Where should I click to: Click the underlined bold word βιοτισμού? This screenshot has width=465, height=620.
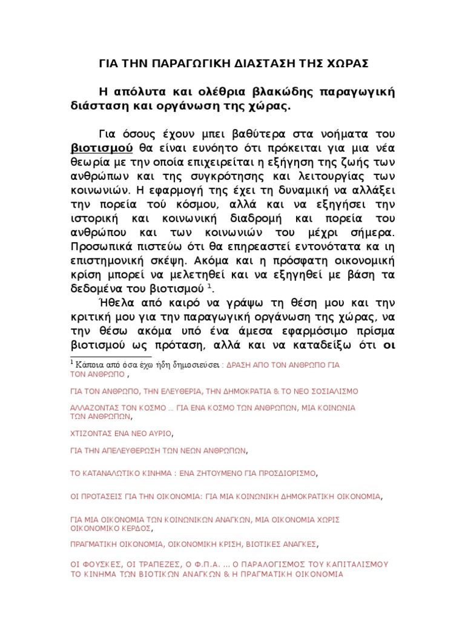tap(94, 148)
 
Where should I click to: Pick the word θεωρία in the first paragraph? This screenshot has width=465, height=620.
tap(88, 163)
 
